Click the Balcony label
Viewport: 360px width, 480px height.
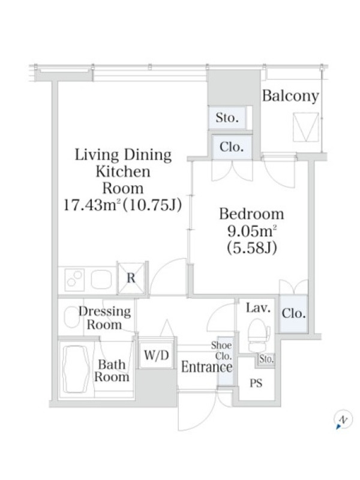point(290,96)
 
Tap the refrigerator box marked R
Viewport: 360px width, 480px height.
point(131,278)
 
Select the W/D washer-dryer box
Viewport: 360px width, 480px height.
point(156,355)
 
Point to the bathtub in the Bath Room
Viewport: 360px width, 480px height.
point(76,369)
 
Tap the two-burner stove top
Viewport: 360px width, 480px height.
point(75,280)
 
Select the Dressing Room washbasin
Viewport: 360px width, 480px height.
point(71,317)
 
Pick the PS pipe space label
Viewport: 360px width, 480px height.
point(256,383)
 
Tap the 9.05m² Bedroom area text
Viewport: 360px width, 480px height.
point(252,232)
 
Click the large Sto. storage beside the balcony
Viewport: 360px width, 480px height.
point(227,117)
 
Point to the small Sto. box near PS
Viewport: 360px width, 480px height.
point(266,359)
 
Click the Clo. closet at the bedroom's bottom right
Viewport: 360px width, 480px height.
point(293,313)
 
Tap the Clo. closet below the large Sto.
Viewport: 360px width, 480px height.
point(232,147)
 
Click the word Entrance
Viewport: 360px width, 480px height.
point(206,367)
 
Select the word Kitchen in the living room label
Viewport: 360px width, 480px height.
point(123,172)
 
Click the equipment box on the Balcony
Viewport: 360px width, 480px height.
point(305,127)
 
